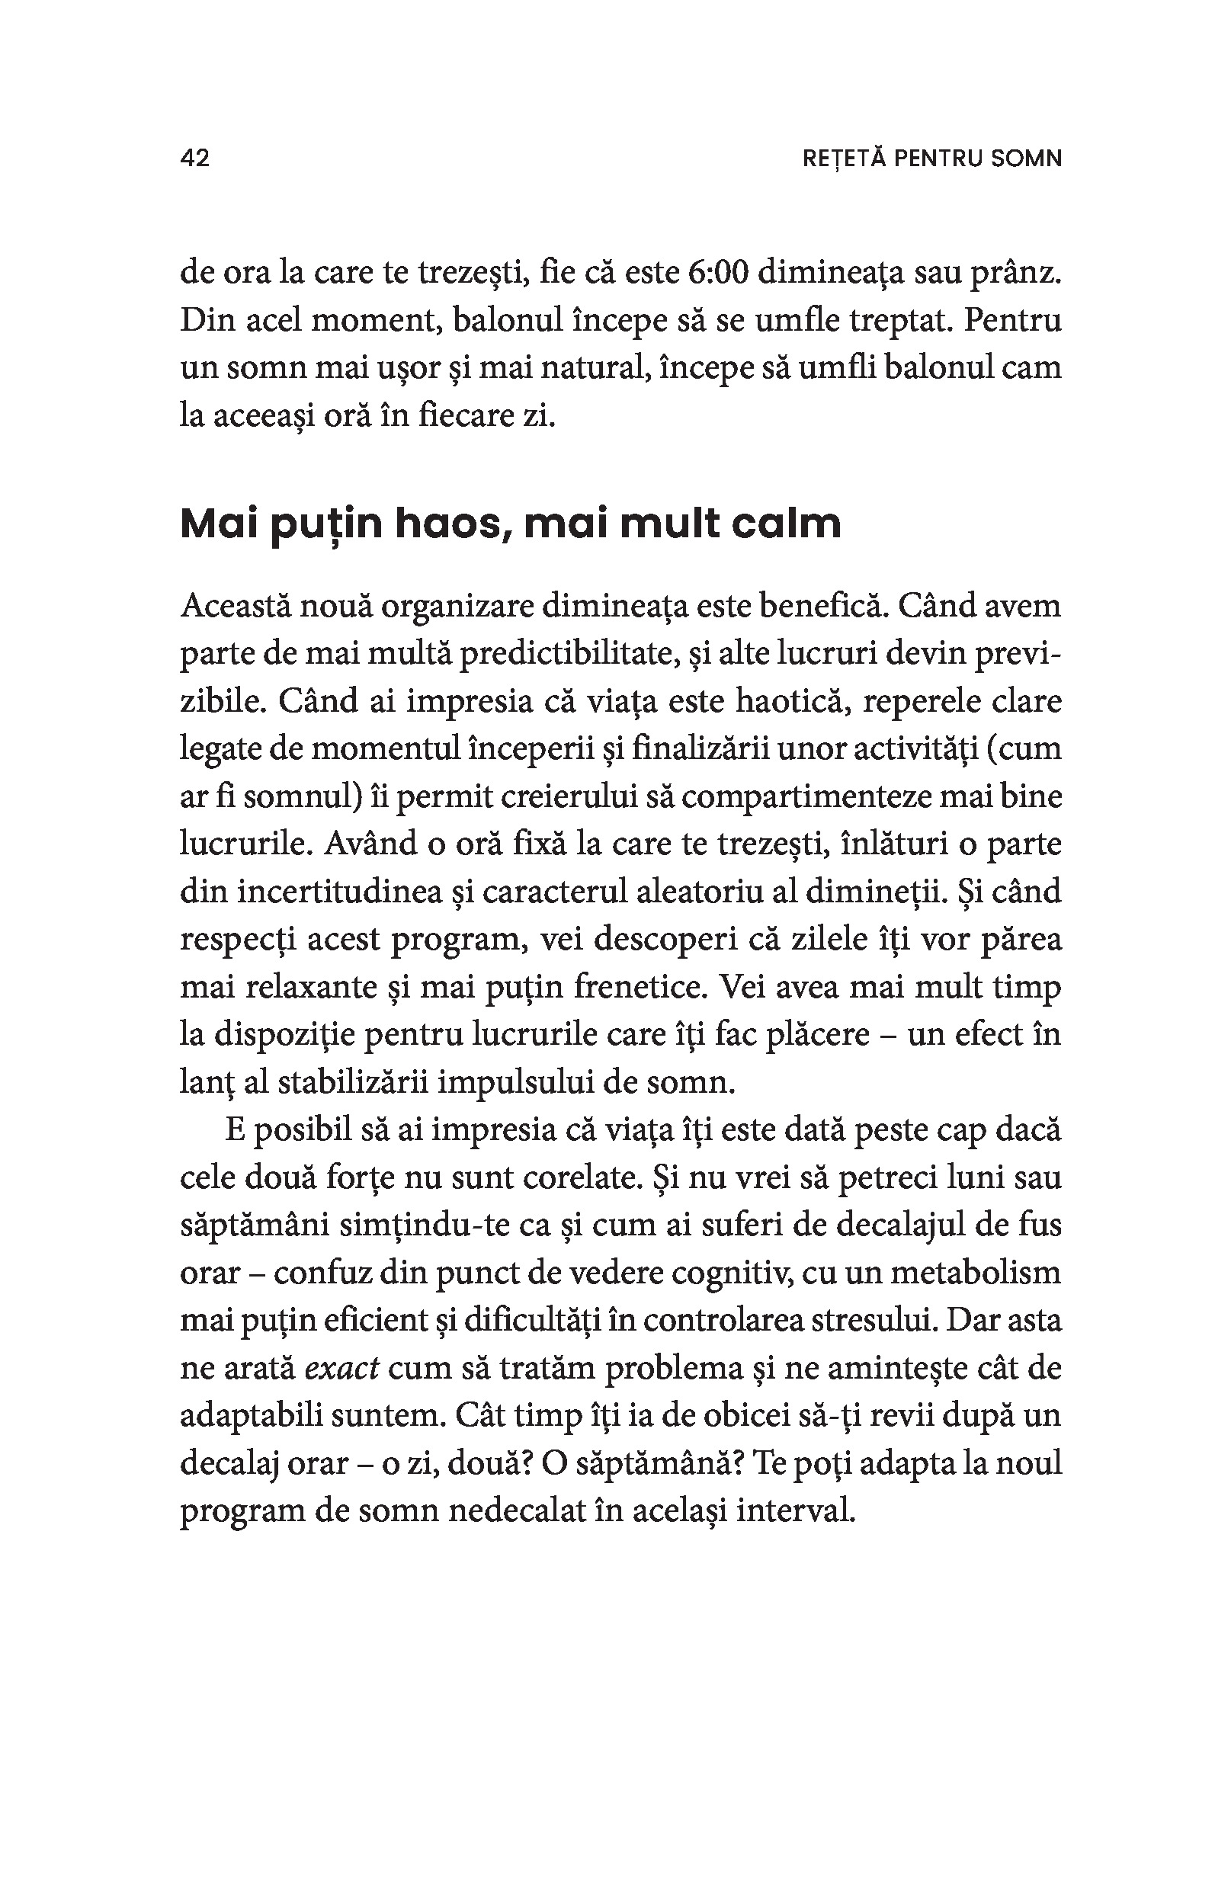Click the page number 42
195,159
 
